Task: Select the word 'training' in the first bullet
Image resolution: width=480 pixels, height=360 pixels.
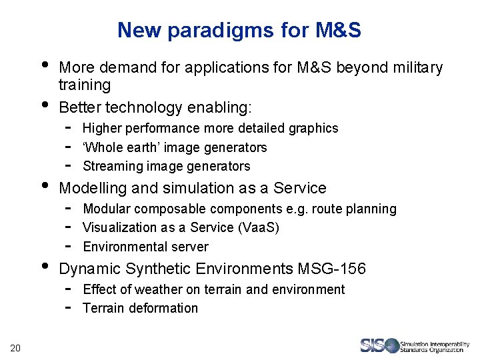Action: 85,85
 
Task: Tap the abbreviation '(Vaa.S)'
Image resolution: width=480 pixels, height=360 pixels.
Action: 258,227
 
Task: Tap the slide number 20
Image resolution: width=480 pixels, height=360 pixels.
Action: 16,345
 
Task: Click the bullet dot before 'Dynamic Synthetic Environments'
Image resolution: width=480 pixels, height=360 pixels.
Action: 45,266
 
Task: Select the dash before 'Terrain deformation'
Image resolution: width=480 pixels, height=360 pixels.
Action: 69,307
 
